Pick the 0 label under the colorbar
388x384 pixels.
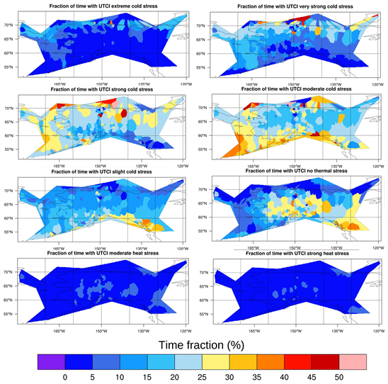coord(64,376)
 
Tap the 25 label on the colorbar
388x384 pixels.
coord(203,376)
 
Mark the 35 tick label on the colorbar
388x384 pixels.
coord(258,376)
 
